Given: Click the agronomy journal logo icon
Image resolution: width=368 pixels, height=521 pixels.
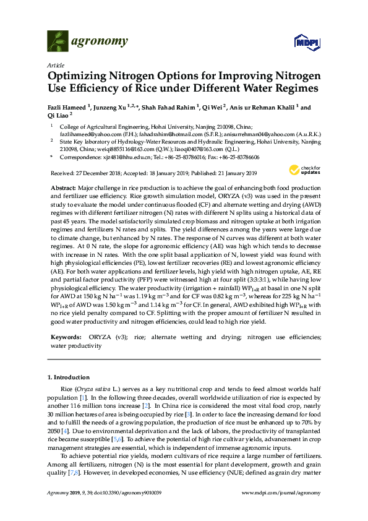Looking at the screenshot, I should pyautogui.click(x=56, y=41).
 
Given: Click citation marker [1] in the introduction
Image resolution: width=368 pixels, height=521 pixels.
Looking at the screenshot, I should pyautogui.click(x=77, y=395).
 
